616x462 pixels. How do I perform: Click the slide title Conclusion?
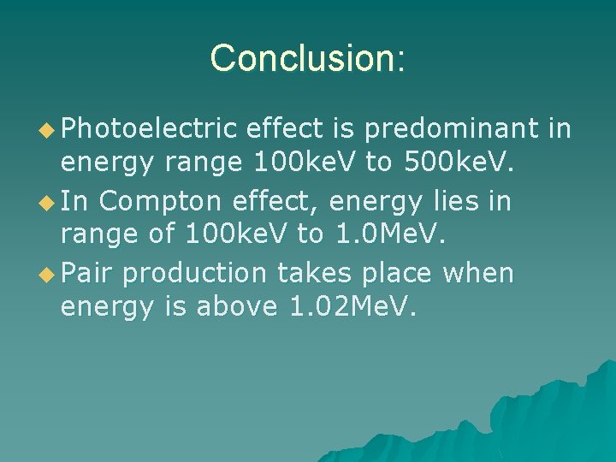pyautogui.click(x=307, y=58)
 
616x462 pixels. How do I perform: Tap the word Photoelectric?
pyautogui.click(x=148, y=129)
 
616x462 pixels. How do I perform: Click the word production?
pyautogui.click(x=194, y=273)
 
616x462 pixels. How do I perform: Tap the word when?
pyautogui.click(x=480, y=273)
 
